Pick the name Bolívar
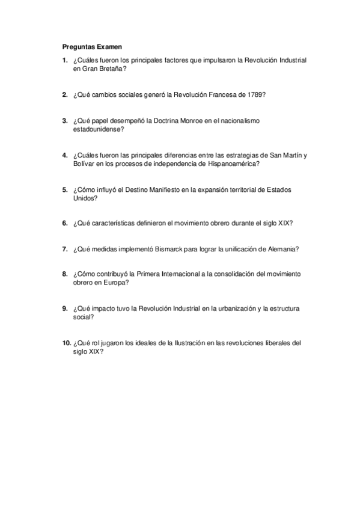click(84, 164)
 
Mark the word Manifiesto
click(162, 189)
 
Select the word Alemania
click(282, 248)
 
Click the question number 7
click(65, 248)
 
